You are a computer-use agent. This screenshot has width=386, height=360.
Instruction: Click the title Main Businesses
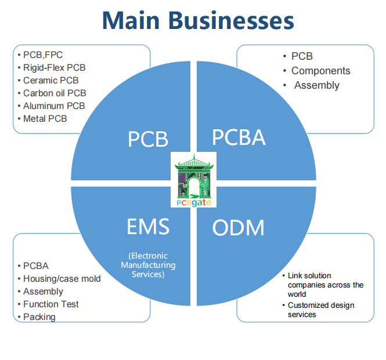click(x=198, y=21)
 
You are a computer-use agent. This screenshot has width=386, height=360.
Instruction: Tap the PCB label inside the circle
click(x=147, y=139)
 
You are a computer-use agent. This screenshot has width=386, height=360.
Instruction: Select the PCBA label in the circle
click(x=239, y=137)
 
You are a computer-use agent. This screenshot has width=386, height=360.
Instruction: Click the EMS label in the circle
click(x=148, y=227)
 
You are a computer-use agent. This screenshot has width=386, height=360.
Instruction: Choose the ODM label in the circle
click(x=238, y=228)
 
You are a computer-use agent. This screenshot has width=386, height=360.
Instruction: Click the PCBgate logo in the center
click(x=194, y=180)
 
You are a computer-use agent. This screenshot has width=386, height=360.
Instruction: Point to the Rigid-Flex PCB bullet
click(x=55, y=68)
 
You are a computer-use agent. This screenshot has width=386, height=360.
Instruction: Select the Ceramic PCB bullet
click(x=51, y=81)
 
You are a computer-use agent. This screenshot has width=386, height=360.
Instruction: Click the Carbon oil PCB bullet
click(x=55, y=93)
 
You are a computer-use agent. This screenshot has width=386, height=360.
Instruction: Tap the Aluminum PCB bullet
click(x=54, y=106)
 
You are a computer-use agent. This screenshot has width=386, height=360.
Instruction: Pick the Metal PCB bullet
click(x=45, y=119)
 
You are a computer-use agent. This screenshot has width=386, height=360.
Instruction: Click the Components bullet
click(x=320, y=71)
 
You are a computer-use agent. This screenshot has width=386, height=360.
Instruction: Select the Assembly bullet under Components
click(x=317, y=85)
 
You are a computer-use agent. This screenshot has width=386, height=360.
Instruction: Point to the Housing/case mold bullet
click(x=62, y=279)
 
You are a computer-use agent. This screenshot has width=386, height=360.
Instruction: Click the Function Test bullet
click(x=51, y=304)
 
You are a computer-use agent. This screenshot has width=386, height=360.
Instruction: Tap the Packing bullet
click(x=39, y=317)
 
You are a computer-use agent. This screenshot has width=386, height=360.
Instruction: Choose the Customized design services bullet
click(x=321, y=310)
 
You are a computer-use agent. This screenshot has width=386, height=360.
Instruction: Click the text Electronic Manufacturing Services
click(x=148, y=265)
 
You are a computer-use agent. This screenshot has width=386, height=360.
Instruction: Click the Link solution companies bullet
click(x=326, y=285)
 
